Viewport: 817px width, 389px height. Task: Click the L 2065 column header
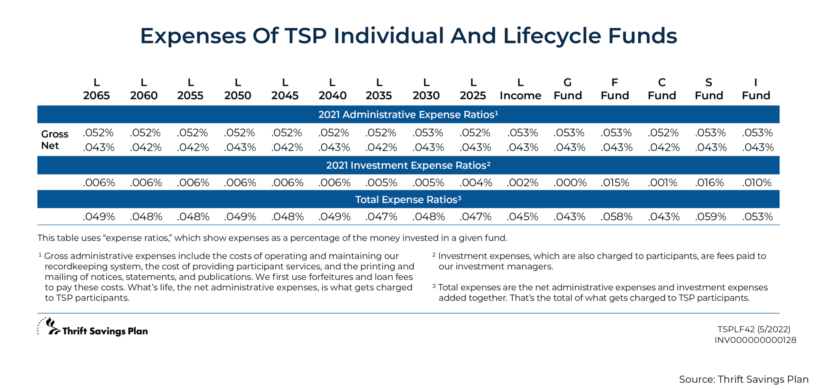tap(97, 89)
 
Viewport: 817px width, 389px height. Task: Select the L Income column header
tap(520, 89)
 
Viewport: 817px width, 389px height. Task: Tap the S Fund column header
tap(708, 89)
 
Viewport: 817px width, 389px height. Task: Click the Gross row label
tap(55, 134)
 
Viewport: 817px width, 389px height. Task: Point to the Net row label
tap(50, 146)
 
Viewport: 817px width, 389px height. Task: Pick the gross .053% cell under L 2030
tap(428, 132)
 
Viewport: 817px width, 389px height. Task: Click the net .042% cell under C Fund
tap(663, 147)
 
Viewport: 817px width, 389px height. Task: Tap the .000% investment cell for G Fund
tap(570, 183)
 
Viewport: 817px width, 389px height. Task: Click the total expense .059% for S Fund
tap(710, 217)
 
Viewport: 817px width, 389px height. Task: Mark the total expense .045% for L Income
tap(522, 217)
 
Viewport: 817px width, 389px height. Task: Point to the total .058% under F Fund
tap(616, 217)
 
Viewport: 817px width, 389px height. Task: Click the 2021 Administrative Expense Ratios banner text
tap(408, 115)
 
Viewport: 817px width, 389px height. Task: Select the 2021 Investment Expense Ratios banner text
tap(408, 165)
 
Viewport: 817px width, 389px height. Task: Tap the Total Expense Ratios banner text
tap(408, 199)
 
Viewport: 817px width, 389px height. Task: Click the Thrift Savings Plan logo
tap(93, 328)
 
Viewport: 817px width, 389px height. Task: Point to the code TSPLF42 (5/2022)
tap(754, 329)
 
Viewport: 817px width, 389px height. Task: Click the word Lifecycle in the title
tap(552, 36)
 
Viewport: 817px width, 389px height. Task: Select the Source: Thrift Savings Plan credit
tap(744, 379)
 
